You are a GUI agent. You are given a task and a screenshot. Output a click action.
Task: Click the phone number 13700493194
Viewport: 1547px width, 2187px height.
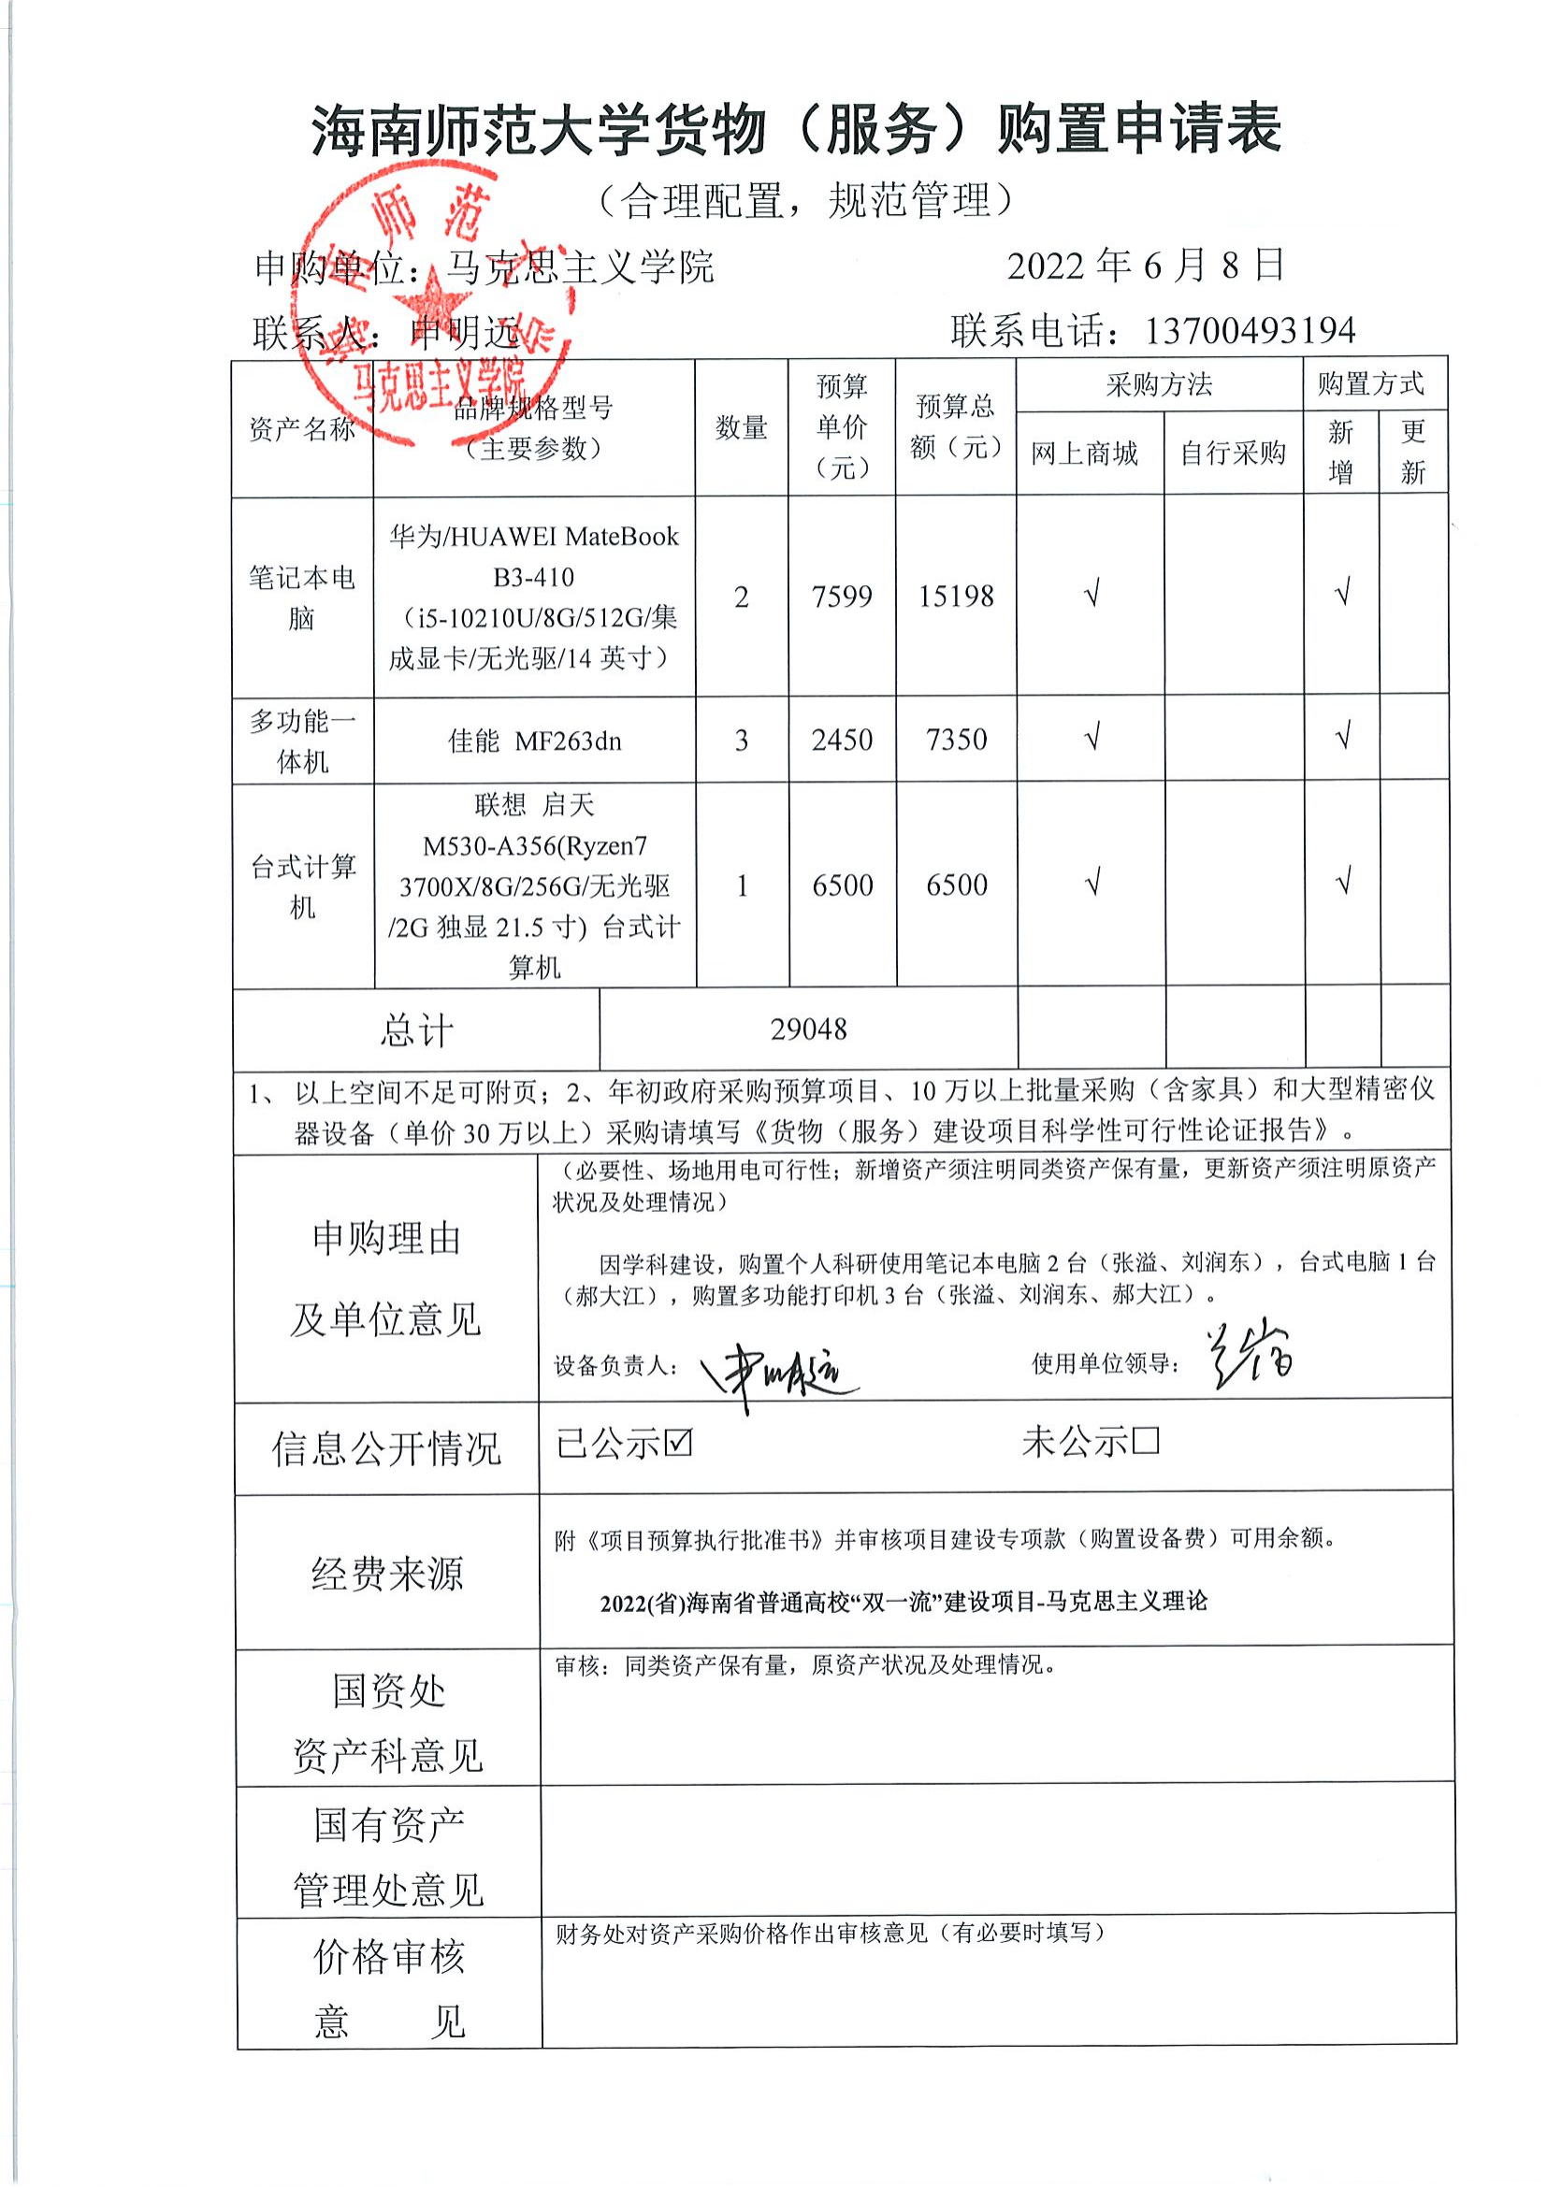1249,330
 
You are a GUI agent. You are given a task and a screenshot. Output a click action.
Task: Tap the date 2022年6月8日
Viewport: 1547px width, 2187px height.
1146,266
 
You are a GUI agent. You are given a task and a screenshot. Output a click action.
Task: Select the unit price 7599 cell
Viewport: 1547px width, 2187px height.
842,597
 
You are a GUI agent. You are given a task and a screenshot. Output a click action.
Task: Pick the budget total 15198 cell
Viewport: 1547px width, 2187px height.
956,597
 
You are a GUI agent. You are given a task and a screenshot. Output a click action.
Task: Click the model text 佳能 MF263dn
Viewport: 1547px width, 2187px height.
534,741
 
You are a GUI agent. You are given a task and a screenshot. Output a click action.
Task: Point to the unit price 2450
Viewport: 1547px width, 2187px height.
842,741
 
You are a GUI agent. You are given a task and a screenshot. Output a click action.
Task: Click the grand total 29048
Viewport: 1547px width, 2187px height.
809,1029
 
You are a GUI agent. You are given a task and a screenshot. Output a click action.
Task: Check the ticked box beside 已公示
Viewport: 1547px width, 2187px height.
678,1444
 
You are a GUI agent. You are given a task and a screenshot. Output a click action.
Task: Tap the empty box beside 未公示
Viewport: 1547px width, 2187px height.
1146,1441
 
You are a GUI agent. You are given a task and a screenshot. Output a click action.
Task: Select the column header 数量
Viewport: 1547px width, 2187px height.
741,427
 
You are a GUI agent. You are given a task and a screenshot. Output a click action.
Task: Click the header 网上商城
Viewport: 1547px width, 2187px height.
1085,453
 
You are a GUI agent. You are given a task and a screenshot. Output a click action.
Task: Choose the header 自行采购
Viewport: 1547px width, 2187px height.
1233,453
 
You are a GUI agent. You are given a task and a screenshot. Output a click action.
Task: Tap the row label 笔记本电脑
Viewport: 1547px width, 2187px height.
302,597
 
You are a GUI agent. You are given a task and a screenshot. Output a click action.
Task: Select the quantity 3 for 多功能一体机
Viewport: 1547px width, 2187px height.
741,741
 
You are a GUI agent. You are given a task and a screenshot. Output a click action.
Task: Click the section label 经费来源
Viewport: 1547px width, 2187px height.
387,1574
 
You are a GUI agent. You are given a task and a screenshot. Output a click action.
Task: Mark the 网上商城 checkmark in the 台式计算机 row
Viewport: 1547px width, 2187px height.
1092,883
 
